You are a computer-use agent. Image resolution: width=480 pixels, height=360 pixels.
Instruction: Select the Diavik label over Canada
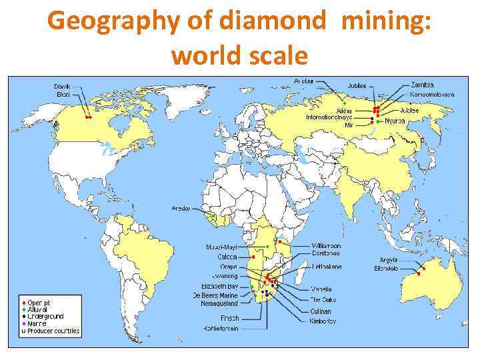(62, 86)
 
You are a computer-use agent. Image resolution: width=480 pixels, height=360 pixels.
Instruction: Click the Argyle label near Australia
(389, 259)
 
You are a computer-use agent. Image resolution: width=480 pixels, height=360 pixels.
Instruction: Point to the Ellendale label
(386, 268)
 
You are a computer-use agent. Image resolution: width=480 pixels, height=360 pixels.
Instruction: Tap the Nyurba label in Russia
(395, 121)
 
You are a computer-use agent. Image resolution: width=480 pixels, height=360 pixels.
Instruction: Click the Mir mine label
(348, 125)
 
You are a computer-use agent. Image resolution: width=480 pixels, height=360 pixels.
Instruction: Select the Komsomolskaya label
(433, 94)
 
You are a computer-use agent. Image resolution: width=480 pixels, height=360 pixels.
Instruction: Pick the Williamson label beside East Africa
(326, 245)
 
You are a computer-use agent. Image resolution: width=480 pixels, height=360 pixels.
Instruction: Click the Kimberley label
(323, 321)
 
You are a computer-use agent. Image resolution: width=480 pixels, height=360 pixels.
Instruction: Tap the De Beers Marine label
(215, 295)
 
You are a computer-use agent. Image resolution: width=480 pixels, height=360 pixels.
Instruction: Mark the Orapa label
(229, 267)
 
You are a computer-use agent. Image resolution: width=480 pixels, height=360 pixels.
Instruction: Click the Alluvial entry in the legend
(39, 309)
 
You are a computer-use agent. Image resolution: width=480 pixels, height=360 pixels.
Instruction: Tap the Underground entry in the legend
(46, 316)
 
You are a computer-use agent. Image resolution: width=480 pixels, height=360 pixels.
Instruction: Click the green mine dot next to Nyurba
(378, 122)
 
